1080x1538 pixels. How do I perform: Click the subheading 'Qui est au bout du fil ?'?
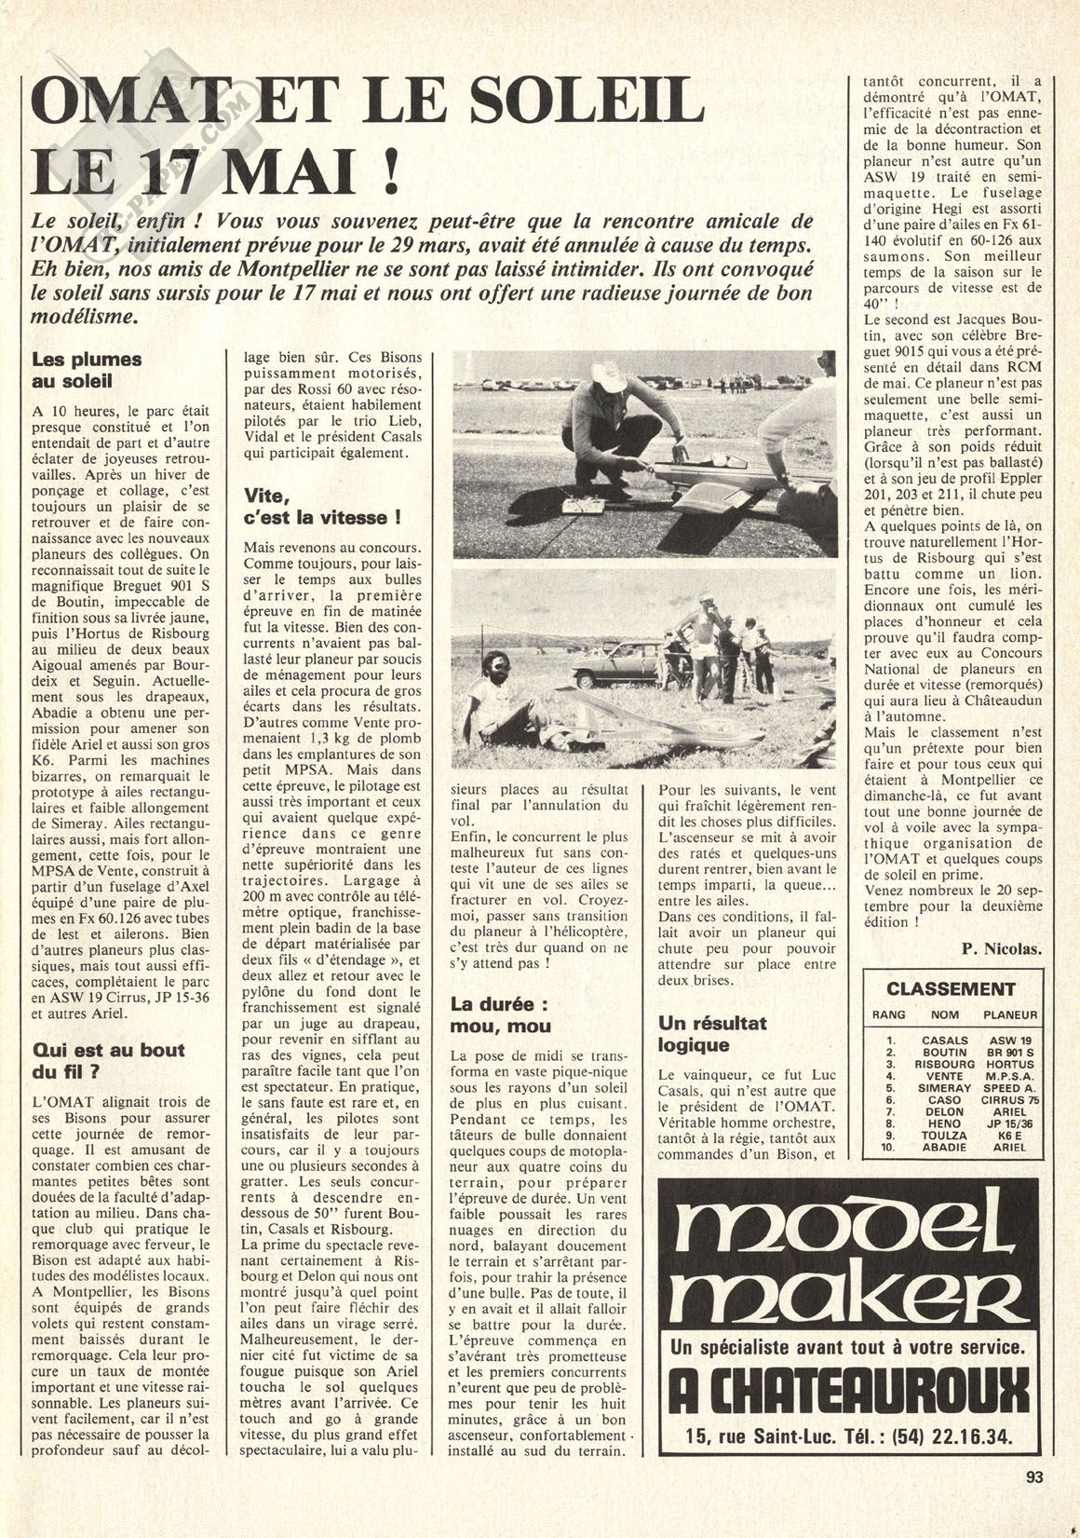click(x=108, y=1059)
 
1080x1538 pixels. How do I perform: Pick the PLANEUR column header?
click(x=1002, y=1014)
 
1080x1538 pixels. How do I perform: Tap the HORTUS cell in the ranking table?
click(x=1003, y=1063)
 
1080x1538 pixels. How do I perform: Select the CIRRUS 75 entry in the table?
click(x=1003, y=1099)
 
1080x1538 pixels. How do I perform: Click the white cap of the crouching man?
click(x=611, y=376)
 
